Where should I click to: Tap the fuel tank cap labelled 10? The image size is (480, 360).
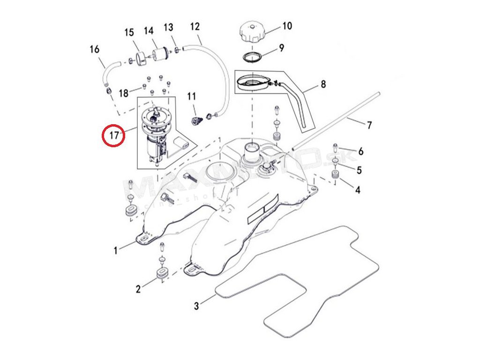(252, 32)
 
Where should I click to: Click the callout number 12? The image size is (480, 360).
(195, 26)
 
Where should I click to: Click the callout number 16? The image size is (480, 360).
(94, 49)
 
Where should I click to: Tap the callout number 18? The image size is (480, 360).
(123, 93)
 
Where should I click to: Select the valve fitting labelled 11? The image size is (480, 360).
(196, 120)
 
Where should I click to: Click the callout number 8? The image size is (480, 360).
(323, 84)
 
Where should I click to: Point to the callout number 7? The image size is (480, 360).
(369, 125)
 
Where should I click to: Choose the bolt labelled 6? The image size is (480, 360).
(335, 147)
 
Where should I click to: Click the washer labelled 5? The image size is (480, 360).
(336, 162)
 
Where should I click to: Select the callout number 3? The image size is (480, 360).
(196, 306)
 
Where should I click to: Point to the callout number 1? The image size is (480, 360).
(116, 251)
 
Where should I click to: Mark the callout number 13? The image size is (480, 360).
(168, 27)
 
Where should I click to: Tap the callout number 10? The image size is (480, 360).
(286, 25)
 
